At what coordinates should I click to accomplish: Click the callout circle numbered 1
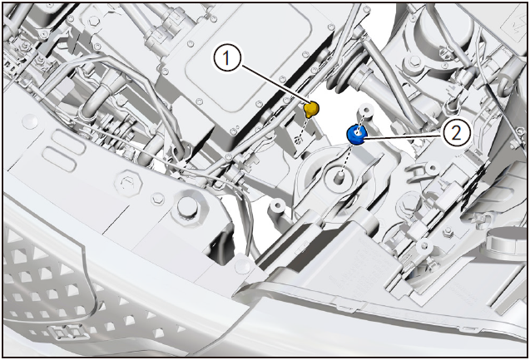point(227,58)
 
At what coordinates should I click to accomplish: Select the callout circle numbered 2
point(456,133)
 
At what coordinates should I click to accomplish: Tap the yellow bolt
point(311,110)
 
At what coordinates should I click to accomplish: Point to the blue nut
point(357,135)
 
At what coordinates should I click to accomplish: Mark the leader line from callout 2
point(404,136)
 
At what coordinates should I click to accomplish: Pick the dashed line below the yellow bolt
point(304,127)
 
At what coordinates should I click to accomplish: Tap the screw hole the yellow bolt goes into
point(298,139)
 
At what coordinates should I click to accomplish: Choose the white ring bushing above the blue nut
point(367,110)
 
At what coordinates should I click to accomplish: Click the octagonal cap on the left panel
point(128,184)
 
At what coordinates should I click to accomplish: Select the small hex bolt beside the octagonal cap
point(157,199)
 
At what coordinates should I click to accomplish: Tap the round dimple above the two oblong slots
point(31,121)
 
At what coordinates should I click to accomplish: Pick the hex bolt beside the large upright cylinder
point(414,62)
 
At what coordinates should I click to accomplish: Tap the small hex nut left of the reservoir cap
point(448,231)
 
